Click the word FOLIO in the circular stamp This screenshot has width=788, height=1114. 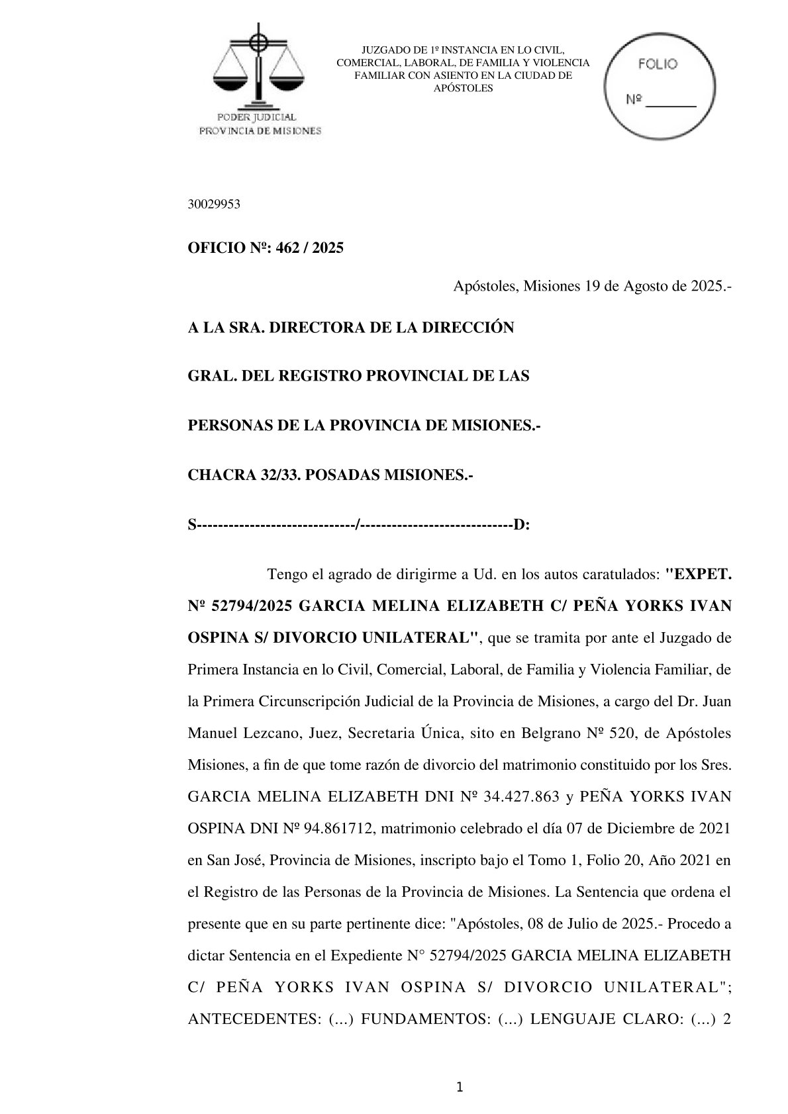tap(657, 64)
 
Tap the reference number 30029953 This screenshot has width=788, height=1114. tap(214, 205)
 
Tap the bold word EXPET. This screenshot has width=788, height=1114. tap(701, 574)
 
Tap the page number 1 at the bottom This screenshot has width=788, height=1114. tap(460, 1087)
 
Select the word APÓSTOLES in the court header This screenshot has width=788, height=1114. tap(463, 88)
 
